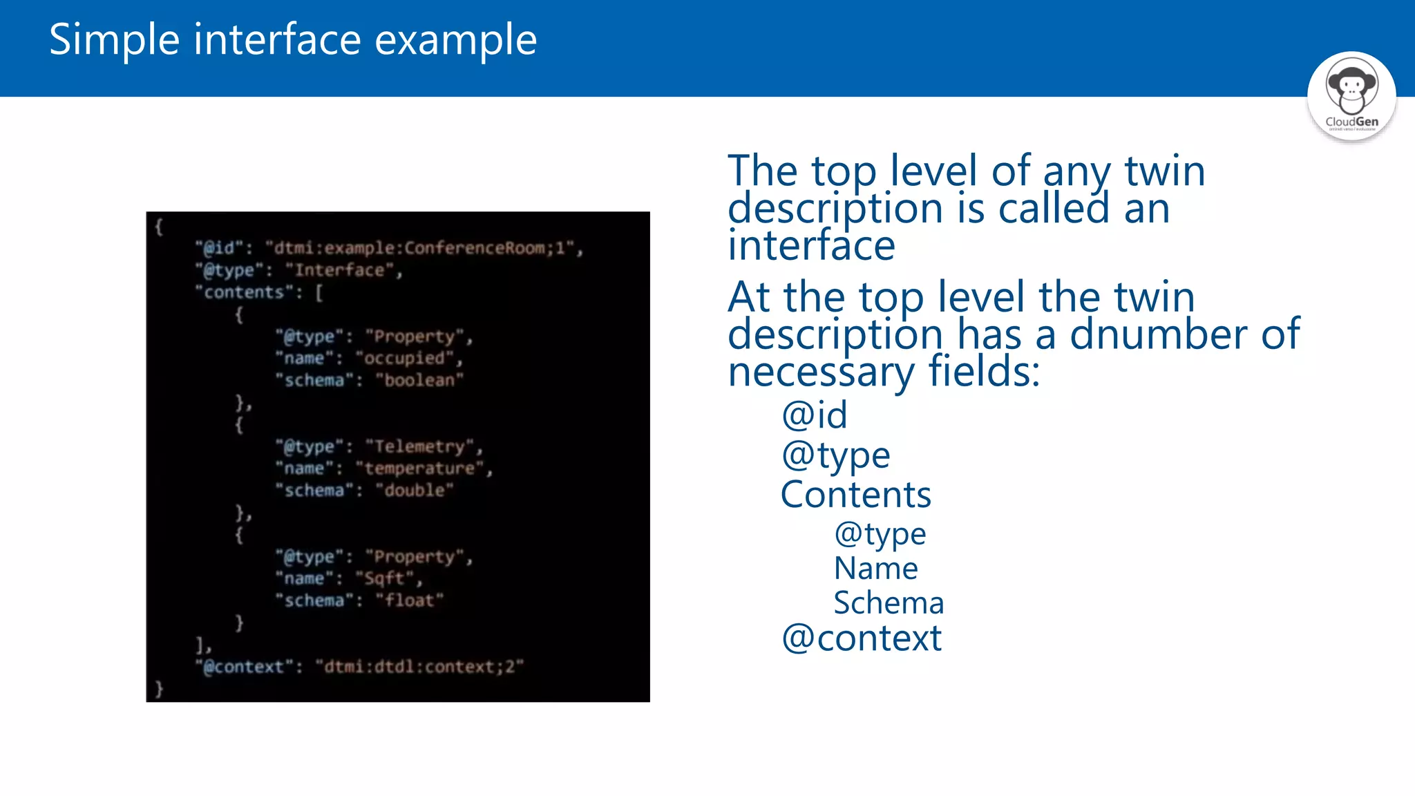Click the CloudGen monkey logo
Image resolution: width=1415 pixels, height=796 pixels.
pyautogui.click(x=1351, y=95)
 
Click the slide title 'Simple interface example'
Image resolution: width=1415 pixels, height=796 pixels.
pyautogui.click(x=293, y=39)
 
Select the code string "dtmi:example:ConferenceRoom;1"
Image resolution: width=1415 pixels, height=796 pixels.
pyautogui.click(x=424, y=248)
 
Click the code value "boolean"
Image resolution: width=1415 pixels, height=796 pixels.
pyautogui.click(x=419, y=380)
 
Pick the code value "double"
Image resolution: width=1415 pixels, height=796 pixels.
pyautogui.click(x=415, y=490)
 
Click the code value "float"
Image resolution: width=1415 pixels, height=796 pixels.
pyautogui.click(x=410, y=600)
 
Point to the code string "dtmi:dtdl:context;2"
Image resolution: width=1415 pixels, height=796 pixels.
pyautogui.click(x=419, y=667)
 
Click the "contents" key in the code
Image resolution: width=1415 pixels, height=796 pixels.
pyautogui.click(x=244, y=292)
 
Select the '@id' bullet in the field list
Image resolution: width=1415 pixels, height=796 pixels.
pyautogui.click(x=814, y=415)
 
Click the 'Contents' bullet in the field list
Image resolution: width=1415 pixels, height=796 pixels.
pyautogui.click(x=855, y=495)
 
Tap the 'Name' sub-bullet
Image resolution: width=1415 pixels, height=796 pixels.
pyautogui.click(x=875, y=569)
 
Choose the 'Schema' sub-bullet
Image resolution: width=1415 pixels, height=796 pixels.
pyautogui.click(x=889, y=603)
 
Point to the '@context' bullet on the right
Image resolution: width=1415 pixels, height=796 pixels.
pyautogui.click(x=861, y=638)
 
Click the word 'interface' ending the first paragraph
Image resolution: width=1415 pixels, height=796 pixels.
pyautogui.click(x=811, y=246)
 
